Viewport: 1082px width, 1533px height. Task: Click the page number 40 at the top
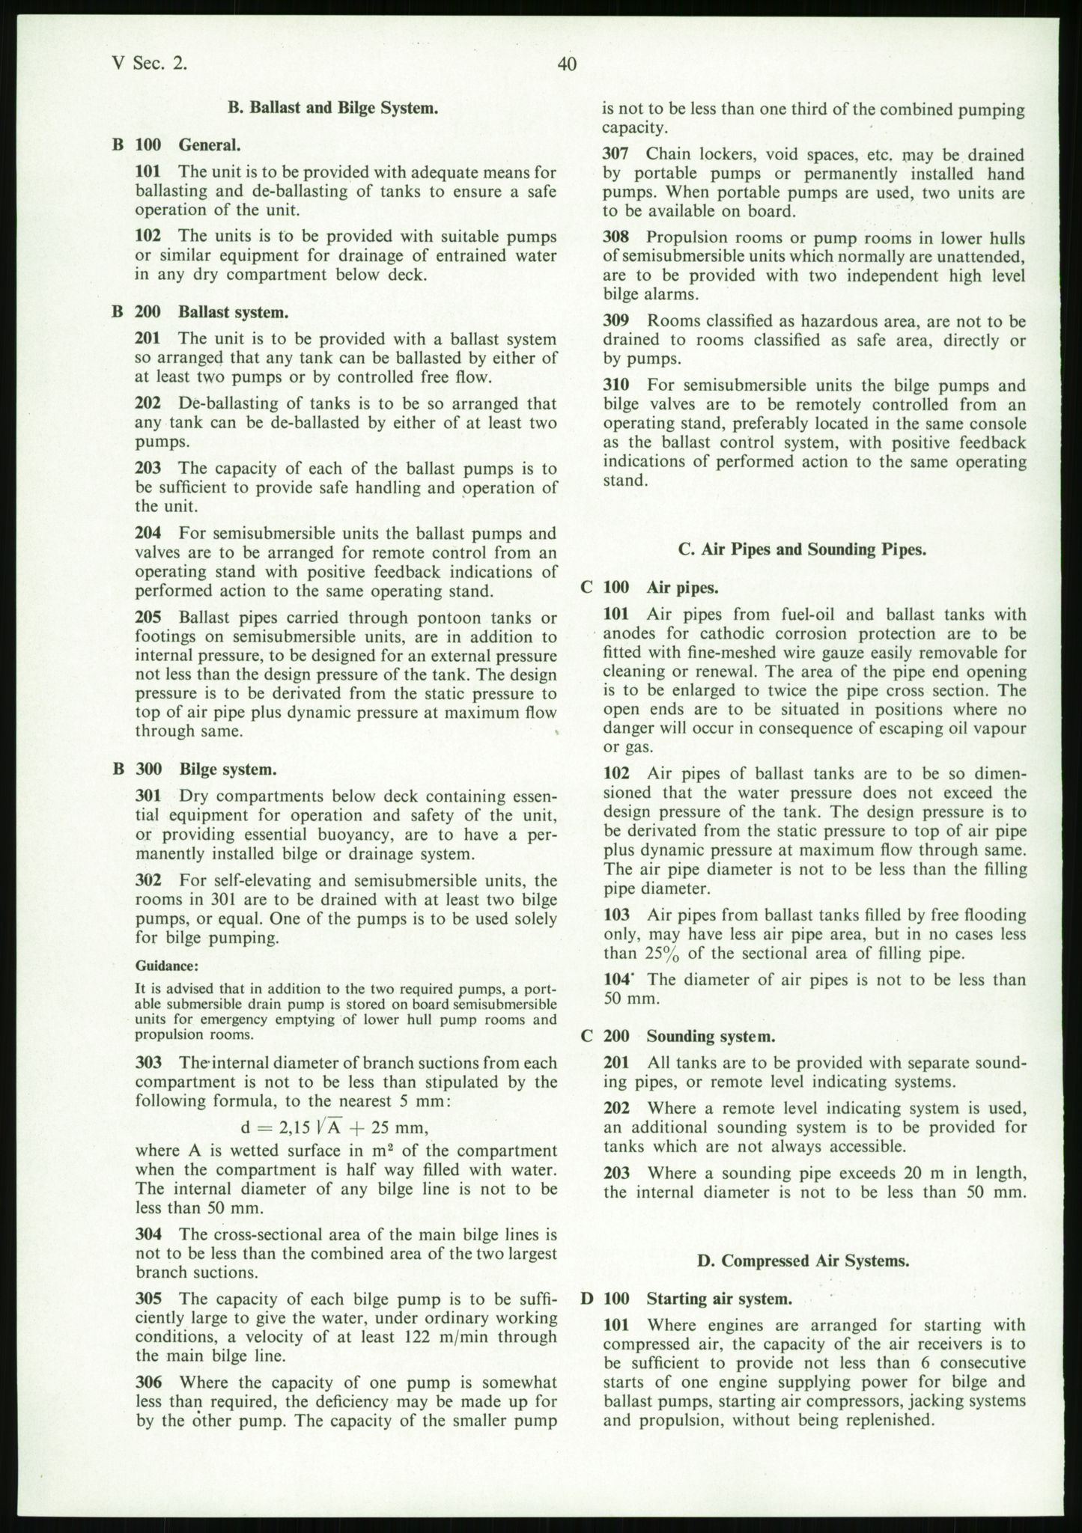coord(567,65)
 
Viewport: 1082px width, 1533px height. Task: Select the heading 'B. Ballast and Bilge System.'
coord(332,108)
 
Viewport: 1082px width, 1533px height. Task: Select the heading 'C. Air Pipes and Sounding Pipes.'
coord(802,549)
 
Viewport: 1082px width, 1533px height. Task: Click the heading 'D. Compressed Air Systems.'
coord(803,1261)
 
